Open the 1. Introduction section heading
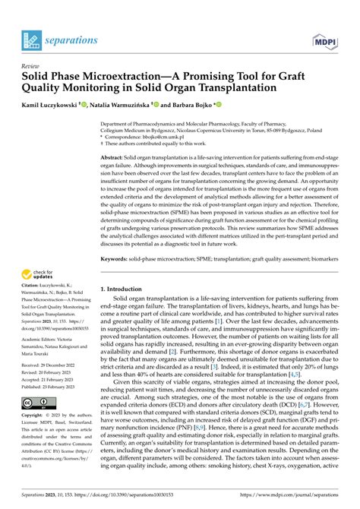126,289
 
